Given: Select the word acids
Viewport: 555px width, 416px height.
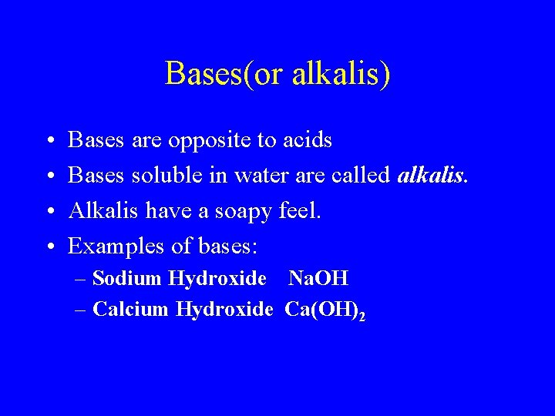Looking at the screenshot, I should click(x=307, y=140).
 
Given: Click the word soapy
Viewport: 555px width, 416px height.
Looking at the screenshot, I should click(x=240, y=210).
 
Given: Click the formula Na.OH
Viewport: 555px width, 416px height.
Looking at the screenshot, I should click(x=318, y=278).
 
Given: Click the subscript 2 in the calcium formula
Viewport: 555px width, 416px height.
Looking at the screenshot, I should click(x=362, y=314).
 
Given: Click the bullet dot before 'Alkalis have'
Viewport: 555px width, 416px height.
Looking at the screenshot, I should click(x=49, y=212).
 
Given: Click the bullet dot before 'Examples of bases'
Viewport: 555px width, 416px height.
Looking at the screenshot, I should click(x=49, y=247).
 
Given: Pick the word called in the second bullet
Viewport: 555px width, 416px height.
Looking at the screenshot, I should click(x=361, y=176).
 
